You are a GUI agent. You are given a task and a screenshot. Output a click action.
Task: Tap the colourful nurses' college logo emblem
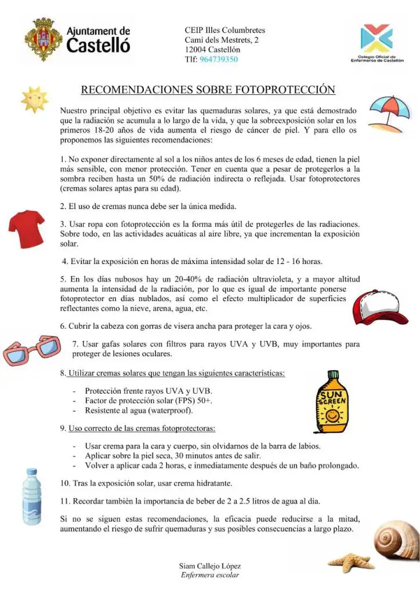tap(376, 38)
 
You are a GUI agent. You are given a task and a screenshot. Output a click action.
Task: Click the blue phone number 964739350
tap(219, 59)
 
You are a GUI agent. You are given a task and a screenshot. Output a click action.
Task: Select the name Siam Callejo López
tap(210, 566)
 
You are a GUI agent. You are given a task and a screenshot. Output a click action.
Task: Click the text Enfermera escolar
tap(210, 575)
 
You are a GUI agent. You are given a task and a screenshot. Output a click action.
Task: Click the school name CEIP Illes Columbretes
tap(225, 30)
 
